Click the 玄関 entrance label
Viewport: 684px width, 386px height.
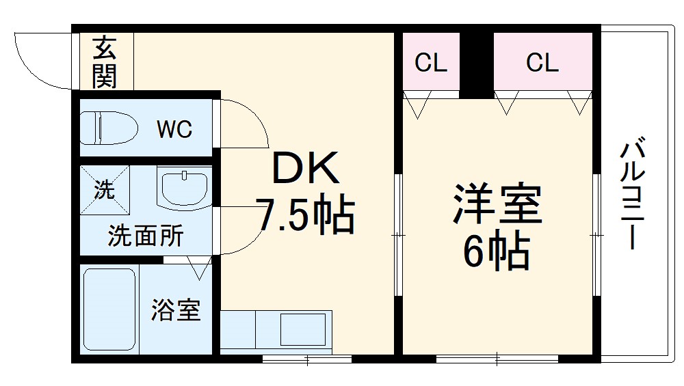coord(105,62)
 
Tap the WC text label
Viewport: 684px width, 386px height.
coord(174,129)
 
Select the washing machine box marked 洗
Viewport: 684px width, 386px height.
coord(104,190)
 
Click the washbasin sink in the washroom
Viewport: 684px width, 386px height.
coord(183,187)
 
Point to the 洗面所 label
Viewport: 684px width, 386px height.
coord(145,236)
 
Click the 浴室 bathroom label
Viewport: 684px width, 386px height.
coord(176,309)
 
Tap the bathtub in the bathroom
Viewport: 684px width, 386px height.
coord(109,309)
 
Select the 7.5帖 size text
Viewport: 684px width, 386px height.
coord(305,215)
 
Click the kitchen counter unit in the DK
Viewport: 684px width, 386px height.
coord(276,331)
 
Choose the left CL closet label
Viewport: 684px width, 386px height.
coord(431,64)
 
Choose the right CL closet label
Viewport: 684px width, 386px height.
coord(542,64)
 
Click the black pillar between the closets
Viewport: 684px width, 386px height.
coord(477,61)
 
